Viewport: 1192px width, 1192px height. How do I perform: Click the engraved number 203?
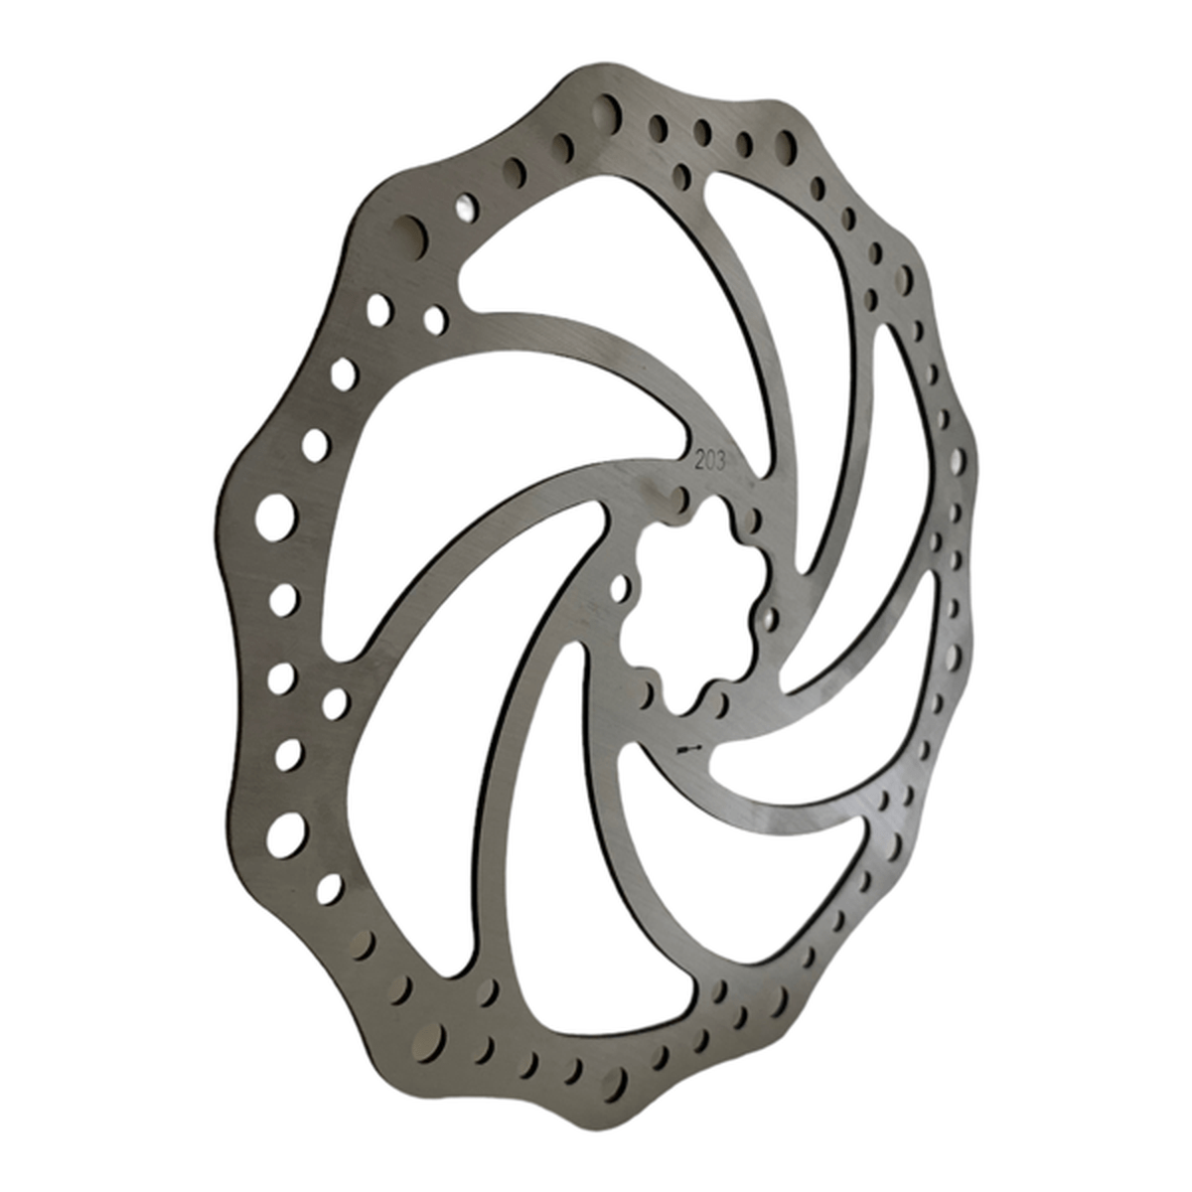[709, 462]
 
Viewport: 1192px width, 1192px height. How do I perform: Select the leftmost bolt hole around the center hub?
[618, 588]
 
